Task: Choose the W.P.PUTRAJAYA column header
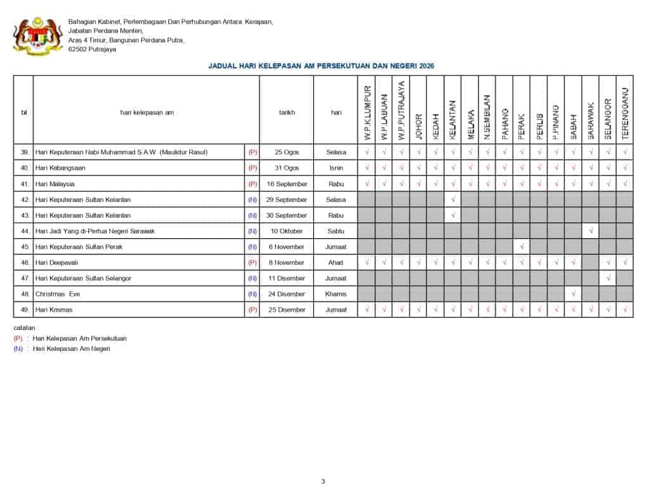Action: tap(401, 111)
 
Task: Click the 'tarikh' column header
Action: tap(286, 112)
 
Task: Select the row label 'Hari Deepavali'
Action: tap(56, 262)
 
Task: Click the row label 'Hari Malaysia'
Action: tap(55, 184)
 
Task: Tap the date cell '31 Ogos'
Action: tap(286, 168)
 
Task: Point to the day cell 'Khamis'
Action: tap(336, 294)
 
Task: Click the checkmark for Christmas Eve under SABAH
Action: tap(574, 294)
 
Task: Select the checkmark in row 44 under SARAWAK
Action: tap(591, 231)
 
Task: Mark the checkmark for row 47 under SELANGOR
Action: tap(608, 278)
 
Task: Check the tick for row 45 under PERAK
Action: tap(522, 247)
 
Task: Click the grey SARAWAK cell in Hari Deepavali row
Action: tap(591, 262)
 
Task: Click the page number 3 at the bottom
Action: tap(323, 481)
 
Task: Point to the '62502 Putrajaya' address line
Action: tap(93, 49)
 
